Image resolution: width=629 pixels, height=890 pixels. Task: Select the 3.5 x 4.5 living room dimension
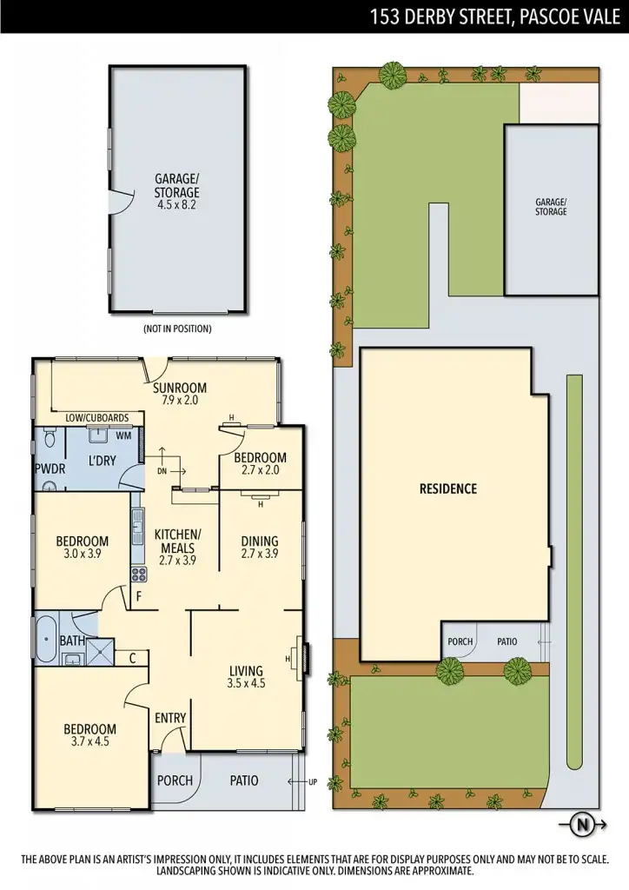246,684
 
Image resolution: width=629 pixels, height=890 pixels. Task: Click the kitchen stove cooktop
138,575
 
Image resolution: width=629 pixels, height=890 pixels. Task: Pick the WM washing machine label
123,435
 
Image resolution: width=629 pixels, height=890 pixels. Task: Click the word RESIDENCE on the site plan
448,488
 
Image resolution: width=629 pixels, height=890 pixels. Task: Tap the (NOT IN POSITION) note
176,329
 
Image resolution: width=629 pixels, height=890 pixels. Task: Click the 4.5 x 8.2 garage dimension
176,206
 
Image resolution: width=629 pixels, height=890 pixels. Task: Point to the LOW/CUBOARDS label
97,418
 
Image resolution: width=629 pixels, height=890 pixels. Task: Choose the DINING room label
259,541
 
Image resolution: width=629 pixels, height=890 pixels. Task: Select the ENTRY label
170,718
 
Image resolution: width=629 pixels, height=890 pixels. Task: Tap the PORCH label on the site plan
460,642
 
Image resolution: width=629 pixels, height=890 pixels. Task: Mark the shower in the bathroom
102,648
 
